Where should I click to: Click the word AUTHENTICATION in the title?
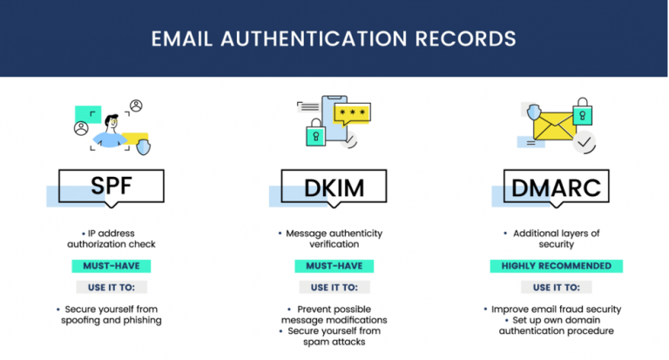314,39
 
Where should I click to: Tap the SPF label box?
111,187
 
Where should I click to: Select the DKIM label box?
334,187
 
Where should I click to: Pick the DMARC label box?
557,187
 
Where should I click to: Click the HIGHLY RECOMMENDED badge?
557,266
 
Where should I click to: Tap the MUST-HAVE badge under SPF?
111,266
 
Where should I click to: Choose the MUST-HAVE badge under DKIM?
334,266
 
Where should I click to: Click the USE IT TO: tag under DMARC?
557,288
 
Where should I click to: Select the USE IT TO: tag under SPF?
111,288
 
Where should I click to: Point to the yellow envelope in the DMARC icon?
554,126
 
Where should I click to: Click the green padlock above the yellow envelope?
583,112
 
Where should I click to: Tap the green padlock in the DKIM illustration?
315,132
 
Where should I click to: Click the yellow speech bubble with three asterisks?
352,114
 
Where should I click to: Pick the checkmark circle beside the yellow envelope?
585,142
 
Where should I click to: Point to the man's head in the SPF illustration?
111,123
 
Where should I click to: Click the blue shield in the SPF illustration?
144,147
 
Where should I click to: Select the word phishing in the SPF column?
143,320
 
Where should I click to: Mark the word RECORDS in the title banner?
465,39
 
